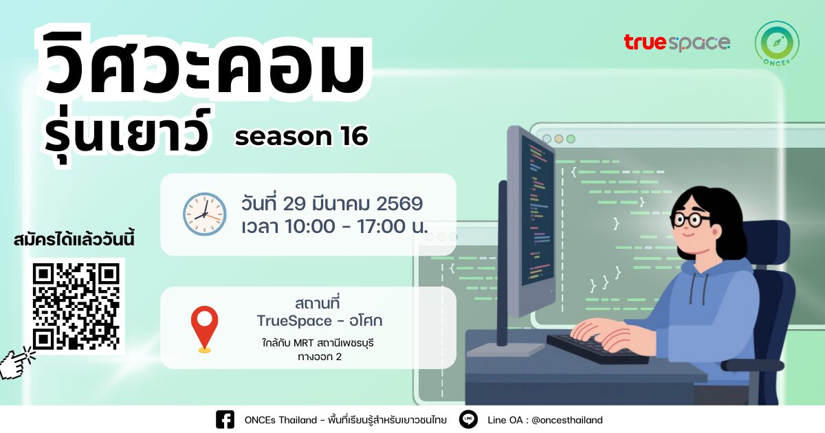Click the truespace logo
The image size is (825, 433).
coord(676,43)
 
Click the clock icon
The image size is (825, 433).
coord(204,214)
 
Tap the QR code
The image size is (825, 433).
coord(76,306)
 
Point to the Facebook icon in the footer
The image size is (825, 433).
coord(225,419)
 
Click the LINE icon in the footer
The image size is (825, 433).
coord(469,419)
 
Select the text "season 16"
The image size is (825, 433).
coord(301,137)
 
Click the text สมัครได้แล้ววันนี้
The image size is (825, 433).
coord(74,241)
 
